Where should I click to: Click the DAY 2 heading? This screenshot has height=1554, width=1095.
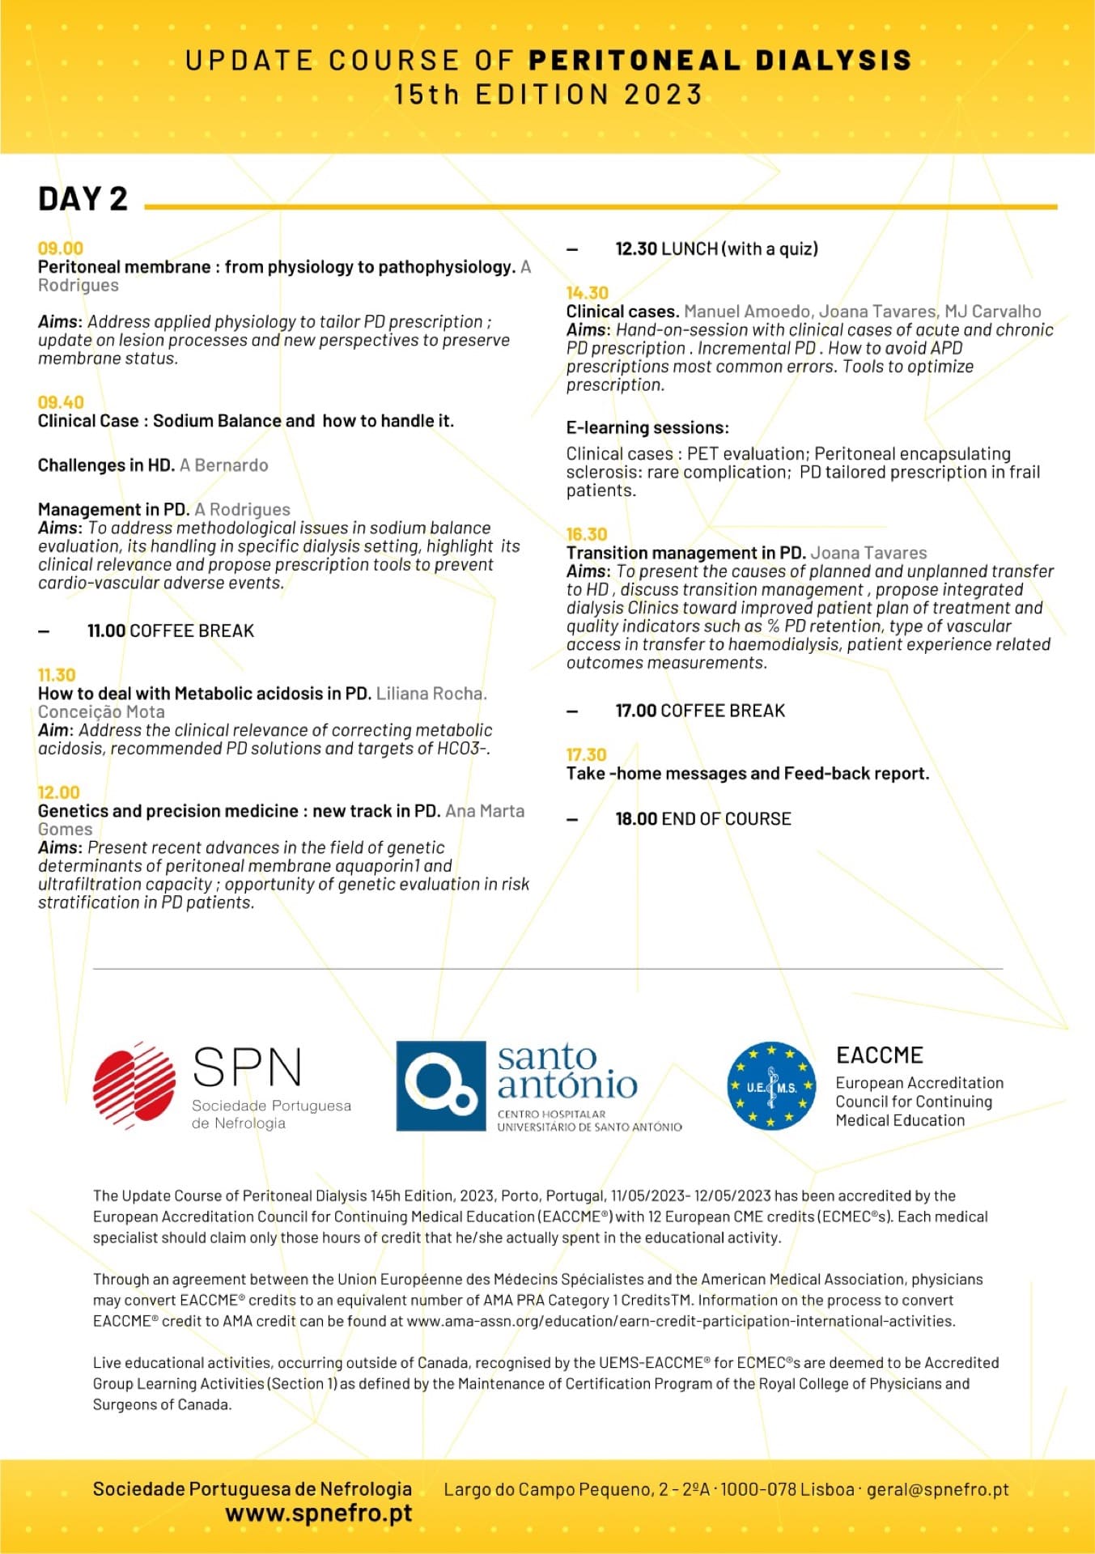[83, 199]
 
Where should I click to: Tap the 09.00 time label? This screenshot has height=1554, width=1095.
[61, 248]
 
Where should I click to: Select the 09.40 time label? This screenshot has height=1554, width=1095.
[61, 402]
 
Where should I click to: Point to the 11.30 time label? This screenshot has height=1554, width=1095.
[57, 675]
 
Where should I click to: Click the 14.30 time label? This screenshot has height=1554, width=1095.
[587, 293]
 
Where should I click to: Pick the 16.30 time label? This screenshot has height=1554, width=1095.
[586, 534]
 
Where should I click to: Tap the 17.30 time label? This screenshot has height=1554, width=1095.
[586, 754]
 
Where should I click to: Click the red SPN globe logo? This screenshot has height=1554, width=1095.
[134, 1085]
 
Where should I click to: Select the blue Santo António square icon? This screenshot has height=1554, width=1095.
[440, 1085]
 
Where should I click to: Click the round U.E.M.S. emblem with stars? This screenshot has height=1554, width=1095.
[771, 1085]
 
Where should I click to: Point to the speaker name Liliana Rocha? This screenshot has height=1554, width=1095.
[431, 694]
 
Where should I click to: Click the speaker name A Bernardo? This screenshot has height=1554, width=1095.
[224, 465]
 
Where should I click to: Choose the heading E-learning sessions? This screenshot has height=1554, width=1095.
[647, 427]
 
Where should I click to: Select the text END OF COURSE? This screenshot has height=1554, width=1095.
[726, 819]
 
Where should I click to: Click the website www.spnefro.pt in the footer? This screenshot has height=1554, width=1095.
[318, 1513]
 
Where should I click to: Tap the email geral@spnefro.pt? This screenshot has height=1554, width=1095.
[937, 1489]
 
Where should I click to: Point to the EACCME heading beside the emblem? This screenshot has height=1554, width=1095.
[879, 1055]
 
